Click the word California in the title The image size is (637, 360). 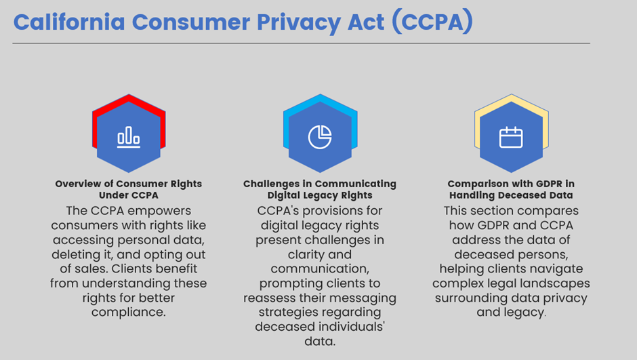[x=70, y=22]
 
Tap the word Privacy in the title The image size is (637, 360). [x=299, y=23]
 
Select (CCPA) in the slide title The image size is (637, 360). [x=432, y=22]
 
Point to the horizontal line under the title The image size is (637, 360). [x=301, y=43]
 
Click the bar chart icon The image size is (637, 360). [x=129, y=137]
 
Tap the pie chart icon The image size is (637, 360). [x=320, y=137]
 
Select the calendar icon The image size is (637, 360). [x=511, y=137]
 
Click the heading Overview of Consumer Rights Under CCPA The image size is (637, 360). [x=129, y=189]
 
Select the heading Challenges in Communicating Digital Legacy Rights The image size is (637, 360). [x=320, y=189]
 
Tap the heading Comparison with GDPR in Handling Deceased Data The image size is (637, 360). [x=511, y=189]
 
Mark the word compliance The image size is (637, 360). [x=128, y=313]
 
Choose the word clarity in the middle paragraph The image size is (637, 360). [x=304, y=255]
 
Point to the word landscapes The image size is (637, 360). [x=554, y=283]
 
